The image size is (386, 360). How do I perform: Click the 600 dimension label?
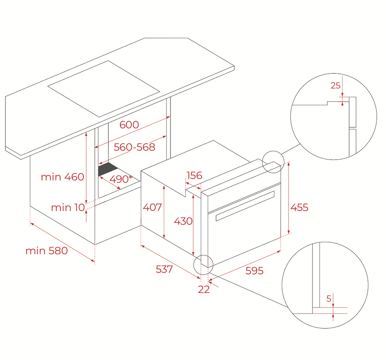tap(129, 125)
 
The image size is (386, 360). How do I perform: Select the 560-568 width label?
tap(134, 147)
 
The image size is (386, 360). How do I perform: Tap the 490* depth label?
tap(121, 179)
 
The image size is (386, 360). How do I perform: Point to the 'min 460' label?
tap(62, 177)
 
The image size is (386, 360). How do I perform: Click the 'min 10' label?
tap(68, 208)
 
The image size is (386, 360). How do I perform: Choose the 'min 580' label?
tap(47, 251)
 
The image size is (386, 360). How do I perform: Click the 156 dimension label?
tap(194, 175)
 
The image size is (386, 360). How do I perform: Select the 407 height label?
tap(152, 207)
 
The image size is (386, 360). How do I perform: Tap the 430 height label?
tap(183, 221)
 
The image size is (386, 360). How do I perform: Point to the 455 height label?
tap(299, 207)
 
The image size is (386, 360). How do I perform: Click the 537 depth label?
tap(164, 269)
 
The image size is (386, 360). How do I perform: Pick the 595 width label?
tap(254, 271)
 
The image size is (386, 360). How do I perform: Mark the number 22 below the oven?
tap(204, 289)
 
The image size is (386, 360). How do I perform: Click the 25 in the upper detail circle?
tap(336, 86)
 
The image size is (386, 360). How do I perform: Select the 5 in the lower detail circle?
tap(329, 298)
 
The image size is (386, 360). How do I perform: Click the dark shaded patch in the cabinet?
tap(108, 169)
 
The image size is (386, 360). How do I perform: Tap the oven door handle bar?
tap(245, 206)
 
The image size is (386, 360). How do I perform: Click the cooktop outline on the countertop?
tap(104, 89)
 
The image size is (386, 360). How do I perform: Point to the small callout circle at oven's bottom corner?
tap(203, 265)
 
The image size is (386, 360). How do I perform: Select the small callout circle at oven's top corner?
tap(273, 162)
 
